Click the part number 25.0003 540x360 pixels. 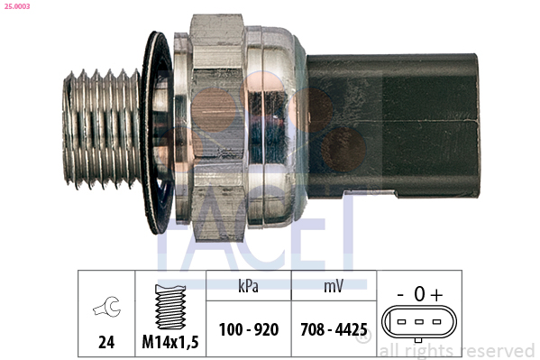pos(17,6)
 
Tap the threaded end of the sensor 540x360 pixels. pos(102,129)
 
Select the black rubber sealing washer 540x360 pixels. pos(157,133)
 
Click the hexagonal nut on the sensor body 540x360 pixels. pos(217,127)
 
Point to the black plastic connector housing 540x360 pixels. pos(392,125)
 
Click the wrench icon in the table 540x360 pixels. pos(106,307)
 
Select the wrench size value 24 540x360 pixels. pos(106,342)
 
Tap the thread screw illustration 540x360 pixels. pos(170,307)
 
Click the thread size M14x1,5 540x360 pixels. pos(170,342)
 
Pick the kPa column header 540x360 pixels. pos(248,286)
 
